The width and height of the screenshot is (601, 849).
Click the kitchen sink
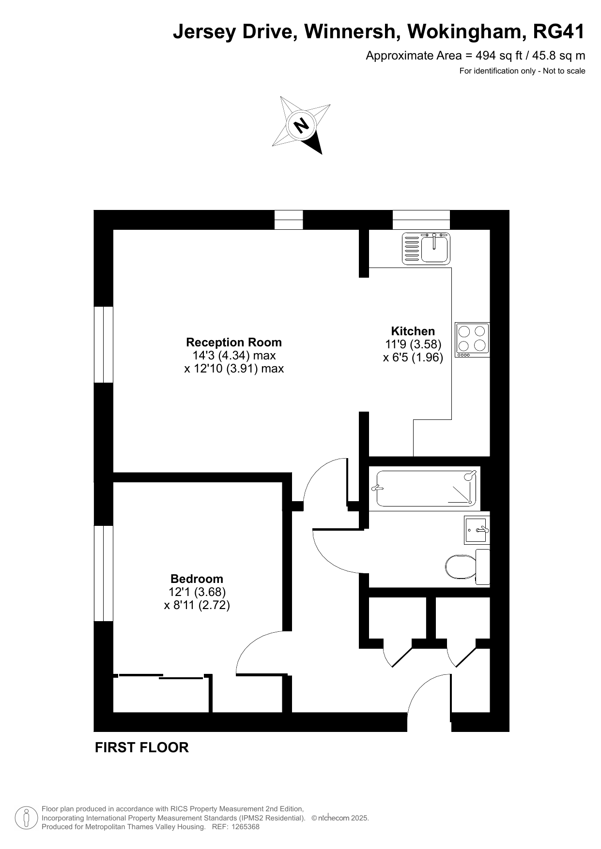click(426, 248)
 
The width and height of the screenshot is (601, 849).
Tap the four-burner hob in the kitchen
click(472, 340)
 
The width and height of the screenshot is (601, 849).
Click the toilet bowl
click(461, 566)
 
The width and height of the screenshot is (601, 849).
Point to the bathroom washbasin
click(477, 530)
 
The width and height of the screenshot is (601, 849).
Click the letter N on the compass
click(302, 125)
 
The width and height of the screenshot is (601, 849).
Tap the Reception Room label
click(234, 343)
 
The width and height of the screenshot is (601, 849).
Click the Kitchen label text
click(413, 331)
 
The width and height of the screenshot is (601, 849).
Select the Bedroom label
click(197, 579)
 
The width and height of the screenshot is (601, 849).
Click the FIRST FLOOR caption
click(141, 747)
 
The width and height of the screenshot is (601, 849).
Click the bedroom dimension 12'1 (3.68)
click(197, 592)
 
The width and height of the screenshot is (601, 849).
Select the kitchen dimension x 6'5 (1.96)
click(413, 357)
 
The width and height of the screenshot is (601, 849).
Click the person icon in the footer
click(27, 818)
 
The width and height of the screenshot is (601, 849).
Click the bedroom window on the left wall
click(104, 573)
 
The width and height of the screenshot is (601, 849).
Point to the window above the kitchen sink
click(421, 220)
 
